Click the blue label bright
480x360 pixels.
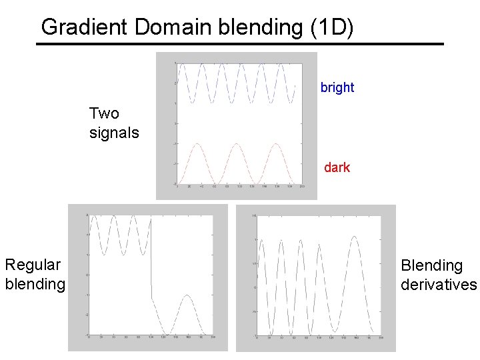[337, 87]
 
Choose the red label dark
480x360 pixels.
[337, 167]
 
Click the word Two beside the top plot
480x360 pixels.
[104, 113]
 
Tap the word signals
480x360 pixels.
[114, 133]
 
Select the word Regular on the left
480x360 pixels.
[33, 265]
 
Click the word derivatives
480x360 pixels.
[439, 285]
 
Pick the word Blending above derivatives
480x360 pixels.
[431, 265]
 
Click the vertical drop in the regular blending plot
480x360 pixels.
[151, 260]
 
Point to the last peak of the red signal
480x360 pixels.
[274, 144]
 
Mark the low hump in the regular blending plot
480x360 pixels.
[189, 295]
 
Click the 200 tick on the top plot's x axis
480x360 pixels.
[303, 188]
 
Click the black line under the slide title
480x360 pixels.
[240, 44]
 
